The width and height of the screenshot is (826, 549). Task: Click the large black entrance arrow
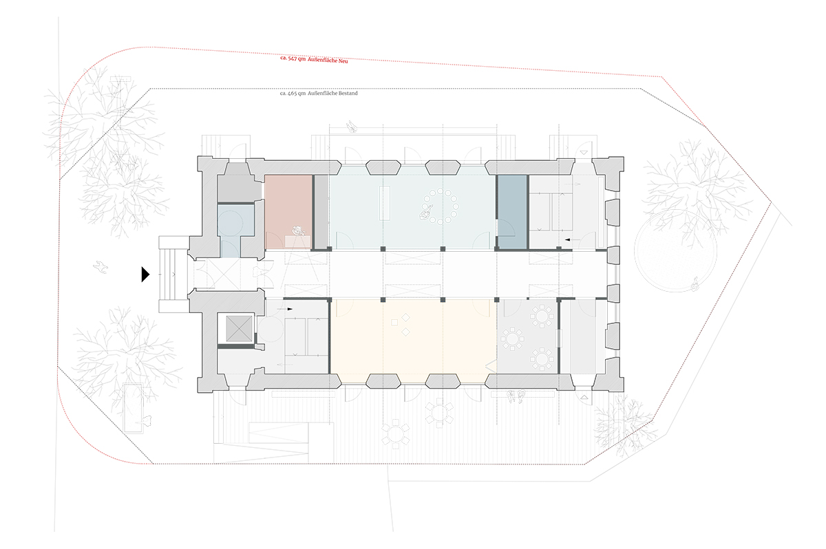pos(145,274)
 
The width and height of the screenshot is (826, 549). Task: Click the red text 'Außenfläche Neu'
pos(328,61)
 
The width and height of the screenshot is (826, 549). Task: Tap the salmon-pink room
pos(288,211)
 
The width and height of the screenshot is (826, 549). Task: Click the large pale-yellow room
pos(413,341)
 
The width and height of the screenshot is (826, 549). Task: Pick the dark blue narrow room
pos(513,211)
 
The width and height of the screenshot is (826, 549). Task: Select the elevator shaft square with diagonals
pos(239,328)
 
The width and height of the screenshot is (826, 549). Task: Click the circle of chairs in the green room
pos(441,206)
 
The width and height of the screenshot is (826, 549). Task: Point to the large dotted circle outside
pos(675,250)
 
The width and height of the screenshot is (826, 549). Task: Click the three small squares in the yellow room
pos(401,324)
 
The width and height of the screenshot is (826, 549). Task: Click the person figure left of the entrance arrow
pos(100,267)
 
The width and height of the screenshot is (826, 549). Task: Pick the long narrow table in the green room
pos(385,203)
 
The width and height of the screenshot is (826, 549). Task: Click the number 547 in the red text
pos(293,58)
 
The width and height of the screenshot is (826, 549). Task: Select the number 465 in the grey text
pos(293,94)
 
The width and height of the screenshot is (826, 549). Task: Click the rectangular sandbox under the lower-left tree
pos(134,408)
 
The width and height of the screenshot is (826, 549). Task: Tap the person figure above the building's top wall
pos(352,127)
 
